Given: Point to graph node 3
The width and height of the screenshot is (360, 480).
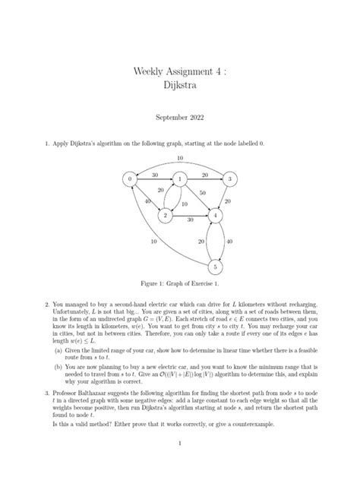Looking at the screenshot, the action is tap(227, 179).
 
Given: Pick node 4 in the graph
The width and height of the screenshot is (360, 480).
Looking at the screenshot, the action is tap(217, 216).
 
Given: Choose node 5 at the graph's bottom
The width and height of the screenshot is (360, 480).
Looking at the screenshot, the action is tap(217, 267).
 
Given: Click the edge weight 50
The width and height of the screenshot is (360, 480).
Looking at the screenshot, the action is tap(203, 194).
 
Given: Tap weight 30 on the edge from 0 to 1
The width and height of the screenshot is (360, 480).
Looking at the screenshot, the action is tap(155, 175).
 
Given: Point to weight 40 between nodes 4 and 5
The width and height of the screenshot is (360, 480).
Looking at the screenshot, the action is tap(229, 242).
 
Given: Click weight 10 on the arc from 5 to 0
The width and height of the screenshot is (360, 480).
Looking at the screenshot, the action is tap(153, 242).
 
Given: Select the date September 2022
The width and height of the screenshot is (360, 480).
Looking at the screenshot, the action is tap(180, 118).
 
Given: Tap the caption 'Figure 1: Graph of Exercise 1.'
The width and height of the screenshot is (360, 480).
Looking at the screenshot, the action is tap(180, 284).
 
